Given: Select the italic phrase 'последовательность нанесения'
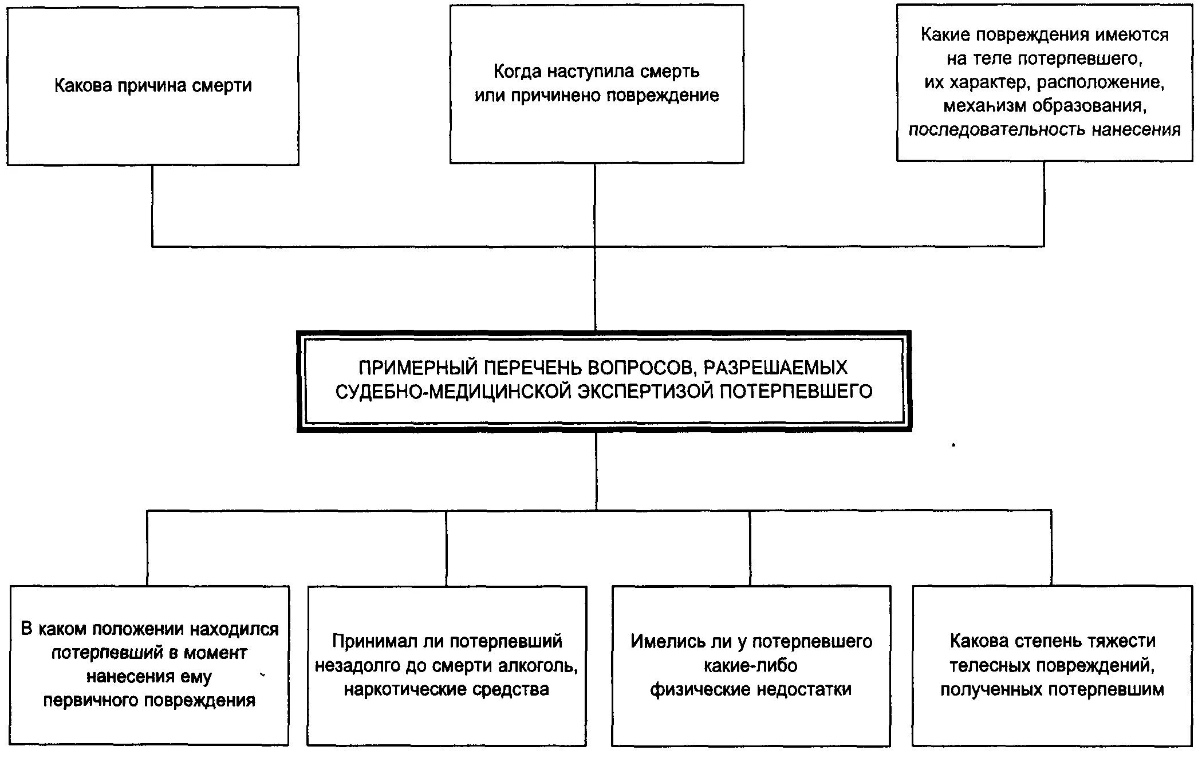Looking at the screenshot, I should pyautogui.click(x=1045, y=130).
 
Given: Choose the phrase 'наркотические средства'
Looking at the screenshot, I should pyautogui.click(x=446, y=689).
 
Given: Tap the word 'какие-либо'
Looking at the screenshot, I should pyautogui.click(x=750, y=666).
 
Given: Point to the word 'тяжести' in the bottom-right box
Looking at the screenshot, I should pyautogui.click(x=1116, y=641).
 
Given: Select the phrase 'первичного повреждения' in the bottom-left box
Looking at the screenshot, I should pyautogui.click(x=149, y=701).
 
